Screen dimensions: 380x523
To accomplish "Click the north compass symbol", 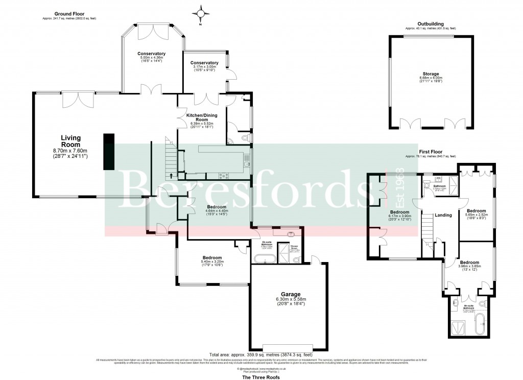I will [x=201, y=13].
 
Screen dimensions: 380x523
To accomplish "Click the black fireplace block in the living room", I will [x=108, y=151].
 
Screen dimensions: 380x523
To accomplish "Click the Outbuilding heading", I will [x=430, y=23].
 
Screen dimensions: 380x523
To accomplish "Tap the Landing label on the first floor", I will [x=443, y=215].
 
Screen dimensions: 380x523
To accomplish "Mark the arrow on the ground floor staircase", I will [x=171, y=175].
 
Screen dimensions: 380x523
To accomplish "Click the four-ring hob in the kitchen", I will [x=224, y=175].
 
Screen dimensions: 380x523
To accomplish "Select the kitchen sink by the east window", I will [x=247, y=164].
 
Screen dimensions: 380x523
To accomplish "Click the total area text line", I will [x=261, y=354].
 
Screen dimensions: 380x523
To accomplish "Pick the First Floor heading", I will [x=430, y=152].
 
